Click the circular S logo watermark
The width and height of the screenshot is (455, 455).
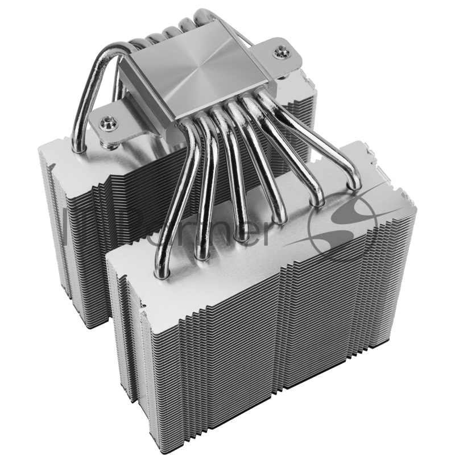[x=341, y=227]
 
